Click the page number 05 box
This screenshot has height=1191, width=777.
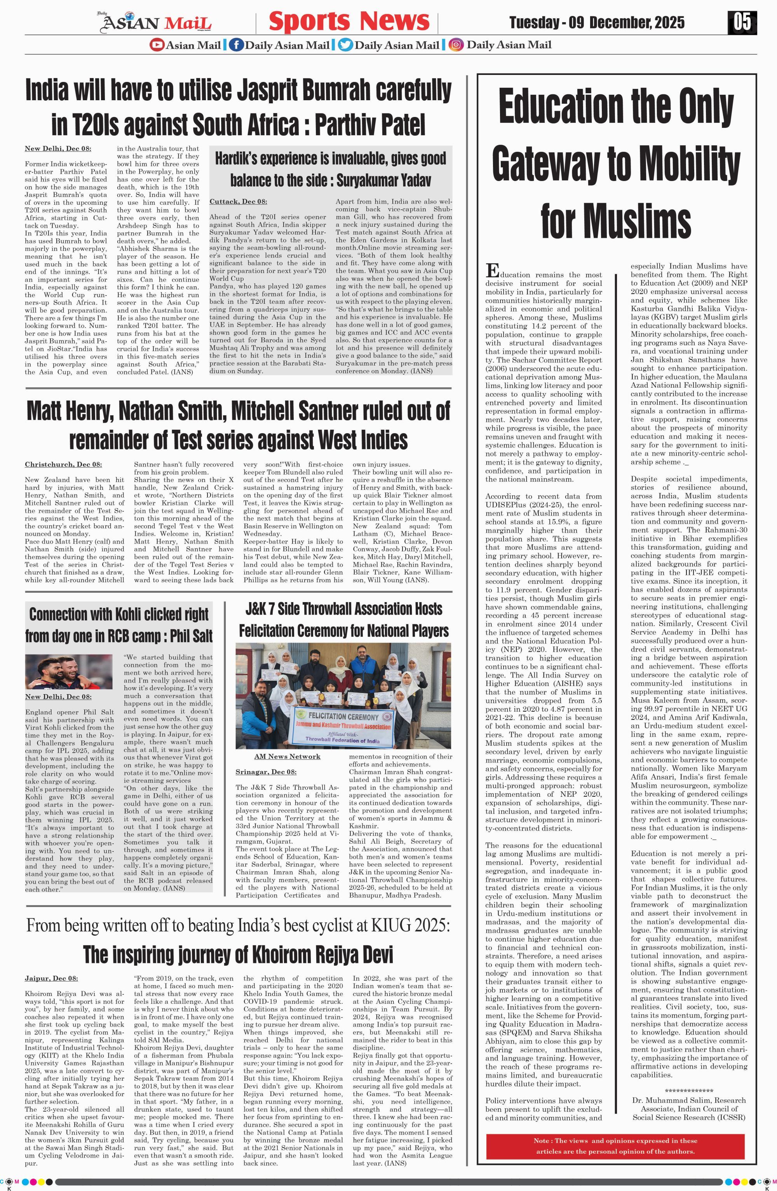[x=742, y=23]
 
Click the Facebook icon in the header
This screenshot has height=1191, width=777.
[x=237, y=45]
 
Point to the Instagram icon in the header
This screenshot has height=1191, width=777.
[x=456, y=45]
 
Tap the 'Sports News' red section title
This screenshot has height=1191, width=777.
[x=349, y=21]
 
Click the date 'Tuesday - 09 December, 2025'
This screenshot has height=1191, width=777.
[x=597, y=23]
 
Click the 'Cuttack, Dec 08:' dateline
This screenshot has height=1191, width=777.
[x=238, y=202]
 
